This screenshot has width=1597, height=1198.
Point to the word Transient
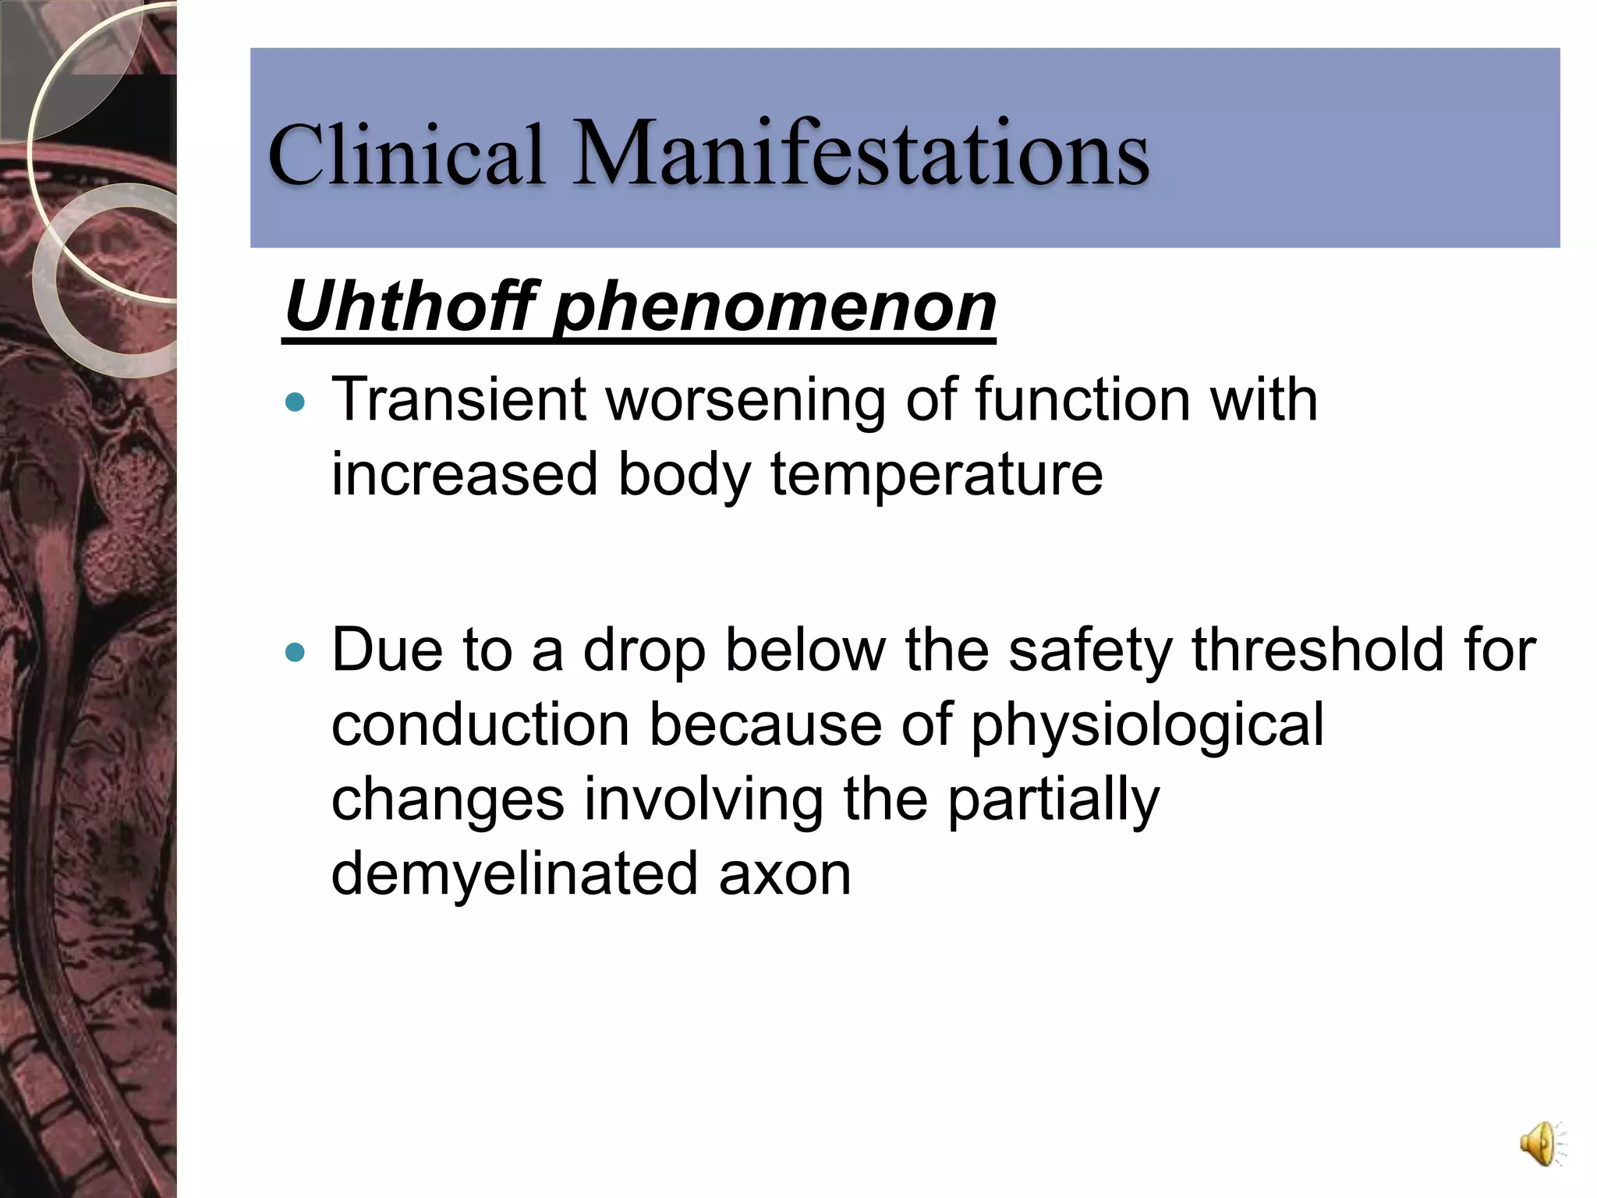459,399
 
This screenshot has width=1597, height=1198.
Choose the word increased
465,474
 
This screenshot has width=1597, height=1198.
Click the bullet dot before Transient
296,402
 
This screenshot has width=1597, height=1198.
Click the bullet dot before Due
296,652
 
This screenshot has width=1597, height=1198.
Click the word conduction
480,725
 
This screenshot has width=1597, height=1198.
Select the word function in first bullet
1083,399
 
